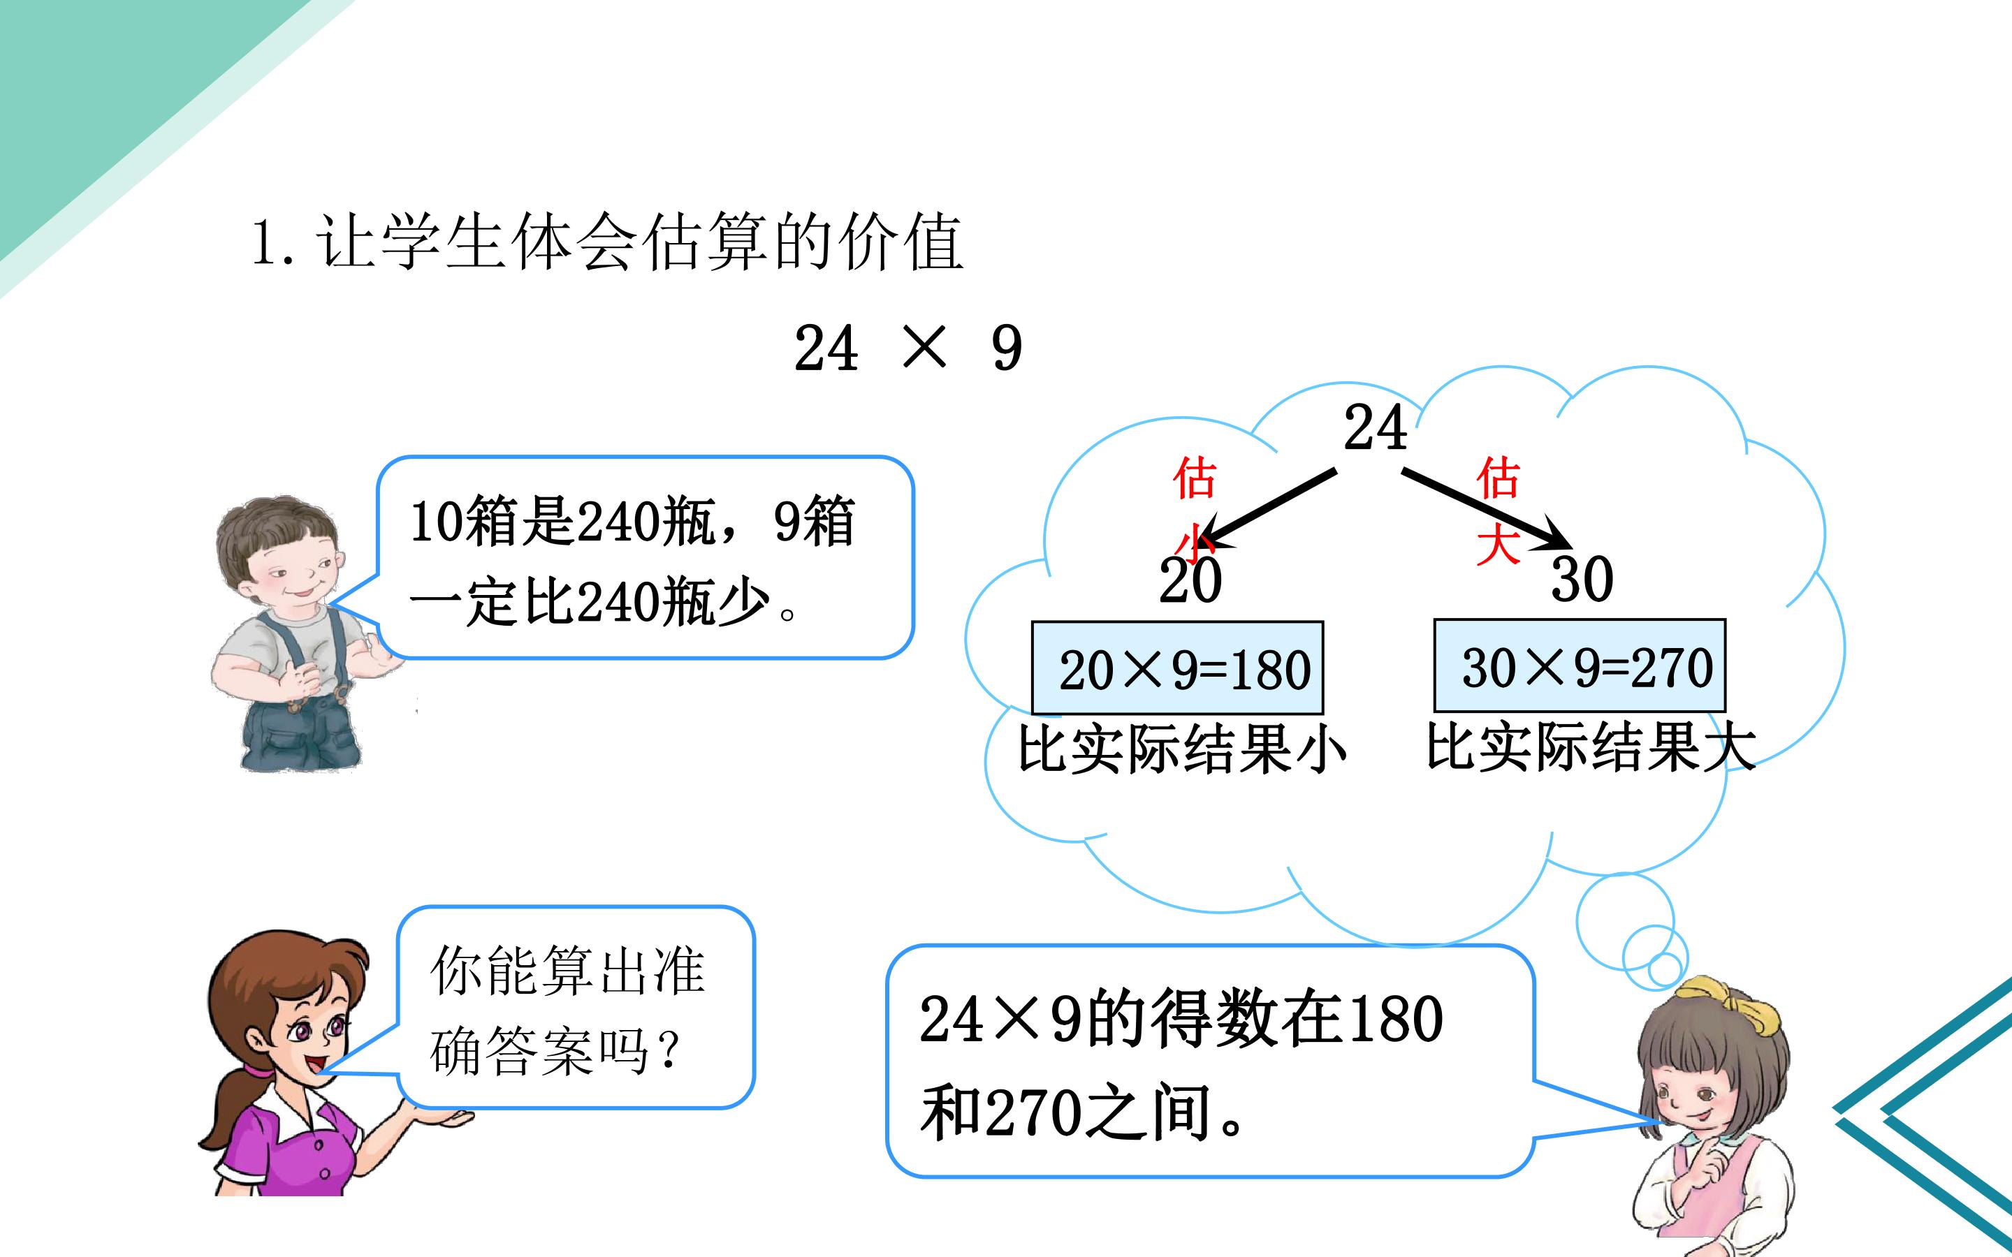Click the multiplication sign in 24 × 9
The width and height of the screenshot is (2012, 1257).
click(924, 348)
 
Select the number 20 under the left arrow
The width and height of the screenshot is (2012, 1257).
click(1190, 580)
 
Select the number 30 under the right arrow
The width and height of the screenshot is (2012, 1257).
click(1582, 580)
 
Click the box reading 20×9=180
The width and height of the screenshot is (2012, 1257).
click(1177, 668)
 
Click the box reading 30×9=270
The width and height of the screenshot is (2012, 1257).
click(1580, 665)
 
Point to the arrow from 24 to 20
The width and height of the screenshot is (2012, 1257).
click(1269, 509)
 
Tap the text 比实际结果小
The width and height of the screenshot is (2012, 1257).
click(1182, 749)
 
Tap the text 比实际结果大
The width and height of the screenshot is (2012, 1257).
click(1591, 747)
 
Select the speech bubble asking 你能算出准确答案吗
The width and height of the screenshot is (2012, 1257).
click(576, 1008)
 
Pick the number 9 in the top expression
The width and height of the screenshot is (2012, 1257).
click(1007, 348)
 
